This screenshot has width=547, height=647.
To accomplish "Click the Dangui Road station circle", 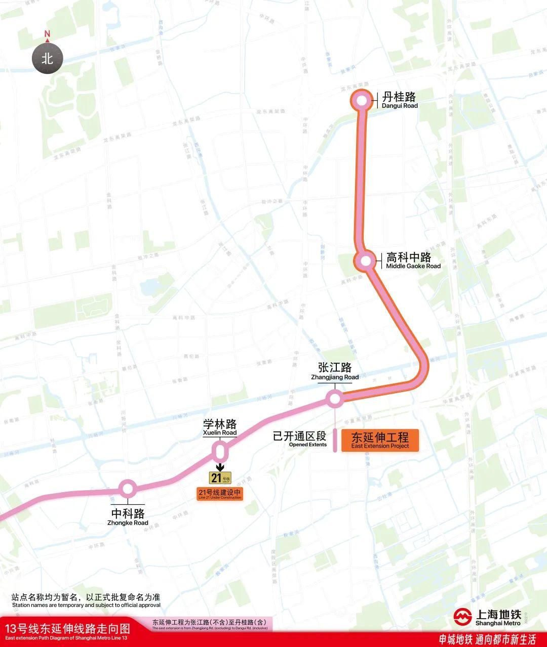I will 362,101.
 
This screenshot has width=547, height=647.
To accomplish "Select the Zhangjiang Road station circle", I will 334,399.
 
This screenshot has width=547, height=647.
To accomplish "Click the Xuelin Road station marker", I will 220,451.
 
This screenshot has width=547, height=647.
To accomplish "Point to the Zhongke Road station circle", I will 127,489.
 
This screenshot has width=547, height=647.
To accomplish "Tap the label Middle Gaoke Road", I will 413,266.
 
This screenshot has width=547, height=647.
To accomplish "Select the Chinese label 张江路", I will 335,368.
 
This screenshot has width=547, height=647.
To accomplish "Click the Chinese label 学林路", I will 220,424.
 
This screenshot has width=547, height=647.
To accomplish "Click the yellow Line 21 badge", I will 220,478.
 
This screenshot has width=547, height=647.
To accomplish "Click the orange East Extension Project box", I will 380,440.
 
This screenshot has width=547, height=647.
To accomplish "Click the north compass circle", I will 47,58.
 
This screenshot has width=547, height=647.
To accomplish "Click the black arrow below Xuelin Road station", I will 220,466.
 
